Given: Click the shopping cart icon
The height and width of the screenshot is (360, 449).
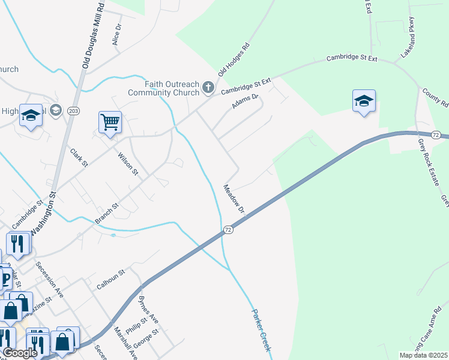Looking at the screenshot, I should tap(110, 122).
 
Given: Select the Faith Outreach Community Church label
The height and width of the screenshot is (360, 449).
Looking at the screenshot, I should tap(163, 88).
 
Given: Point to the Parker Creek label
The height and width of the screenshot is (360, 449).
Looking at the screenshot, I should tap(262, 331).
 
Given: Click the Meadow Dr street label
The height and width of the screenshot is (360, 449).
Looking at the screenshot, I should tap(234, 199).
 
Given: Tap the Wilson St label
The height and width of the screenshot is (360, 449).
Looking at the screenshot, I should tap(128, 163).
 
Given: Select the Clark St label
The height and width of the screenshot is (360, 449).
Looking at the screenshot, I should tap(79, 157).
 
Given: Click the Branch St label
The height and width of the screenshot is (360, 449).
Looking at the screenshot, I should tap(106, 214).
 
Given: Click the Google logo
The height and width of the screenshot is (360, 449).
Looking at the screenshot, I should tap(20, 353).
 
